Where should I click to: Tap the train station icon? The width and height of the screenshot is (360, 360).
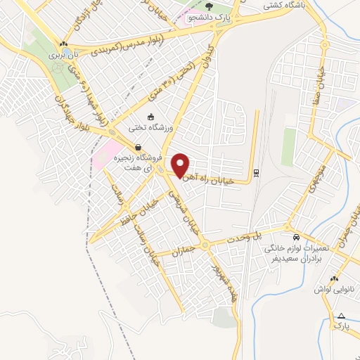[257, 172]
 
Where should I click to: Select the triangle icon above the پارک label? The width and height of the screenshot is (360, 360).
[341, 316]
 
